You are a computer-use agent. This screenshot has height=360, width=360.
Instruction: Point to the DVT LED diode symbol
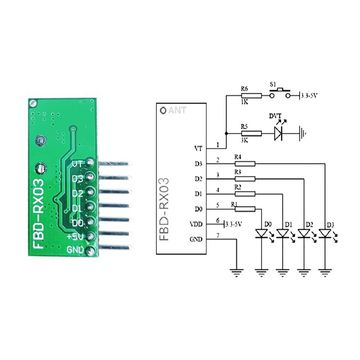(x=279, y=133)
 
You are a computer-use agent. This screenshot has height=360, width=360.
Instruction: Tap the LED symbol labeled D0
(x=261, y=233)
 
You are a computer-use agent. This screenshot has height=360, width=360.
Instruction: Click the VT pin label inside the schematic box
(x=198, y=148)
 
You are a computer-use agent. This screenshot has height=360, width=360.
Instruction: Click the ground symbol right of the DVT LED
(x=304, y=133)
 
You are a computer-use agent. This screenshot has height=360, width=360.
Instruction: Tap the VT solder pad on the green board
(x=90, y=163)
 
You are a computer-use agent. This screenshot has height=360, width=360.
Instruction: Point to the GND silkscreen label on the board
(x=75, y=249)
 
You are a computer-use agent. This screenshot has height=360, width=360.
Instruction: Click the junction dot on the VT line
(x=226, y=133)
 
